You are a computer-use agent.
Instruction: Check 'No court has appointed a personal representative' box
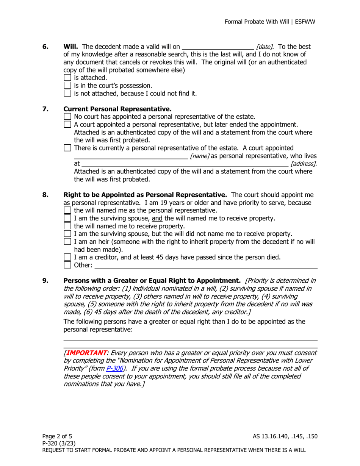(69, 117)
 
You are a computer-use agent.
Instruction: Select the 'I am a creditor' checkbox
(68, 258)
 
